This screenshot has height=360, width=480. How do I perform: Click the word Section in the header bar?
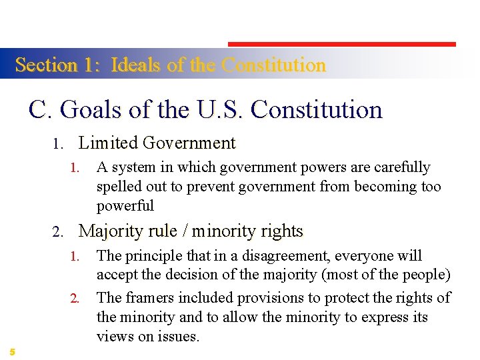point(46,65)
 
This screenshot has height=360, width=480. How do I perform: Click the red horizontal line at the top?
point(342,45)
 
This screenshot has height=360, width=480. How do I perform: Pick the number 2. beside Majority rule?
point(57,232)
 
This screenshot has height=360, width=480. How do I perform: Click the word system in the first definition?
point(132,167)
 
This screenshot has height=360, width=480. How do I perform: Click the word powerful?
point(125,205)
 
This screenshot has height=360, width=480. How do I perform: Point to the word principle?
point(153,256)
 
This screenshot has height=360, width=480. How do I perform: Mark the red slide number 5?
point(13,351)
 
